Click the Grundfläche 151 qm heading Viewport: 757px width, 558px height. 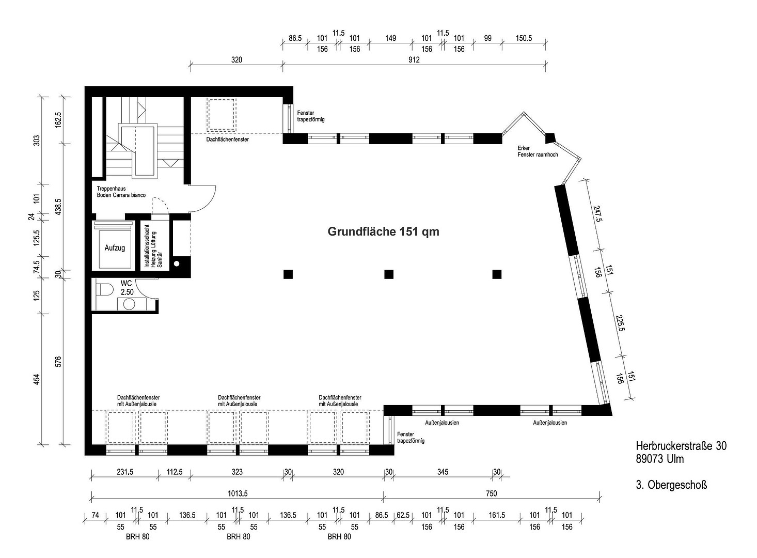(x=383, y=231)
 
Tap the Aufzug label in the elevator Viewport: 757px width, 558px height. (x=115, y=248)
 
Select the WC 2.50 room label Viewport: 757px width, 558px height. (x=127, y=288)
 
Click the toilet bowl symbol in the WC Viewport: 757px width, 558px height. (x=105, y=290)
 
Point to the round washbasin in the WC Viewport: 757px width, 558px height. (x=129, y=304)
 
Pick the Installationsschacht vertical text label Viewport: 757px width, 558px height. (x=146, y=246)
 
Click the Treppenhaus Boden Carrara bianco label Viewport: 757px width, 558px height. (x=121, y=192)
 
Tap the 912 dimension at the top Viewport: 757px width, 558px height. (x=414, y=60)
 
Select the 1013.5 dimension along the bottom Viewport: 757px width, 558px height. (x=238, y=493)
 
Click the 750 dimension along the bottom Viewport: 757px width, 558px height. (x=492, y=493)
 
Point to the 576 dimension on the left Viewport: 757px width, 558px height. (x=58, y=362)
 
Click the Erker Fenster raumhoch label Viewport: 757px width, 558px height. (x=538, y=151)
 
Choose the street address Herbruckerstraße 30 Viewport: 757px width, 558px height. (x=681, y=446)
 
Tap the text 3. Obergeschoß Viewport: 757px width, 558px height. (x=671, y=485)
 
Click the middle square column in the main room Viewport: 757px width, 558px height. (x=389, y=274)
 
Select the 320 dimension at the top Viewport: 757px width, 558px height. (x=236, y=60)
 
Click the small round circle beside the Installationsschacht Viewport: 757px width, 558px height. (x=177, y=264)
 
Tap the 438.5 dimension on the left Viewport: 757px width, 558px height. (x=58, y=207)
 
